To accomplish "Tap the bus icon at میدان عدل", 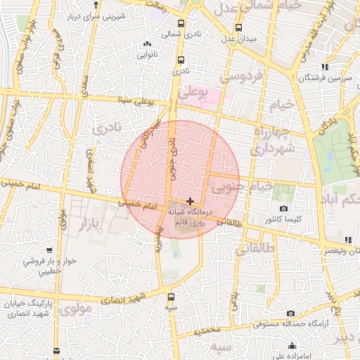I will [x=238, y=27].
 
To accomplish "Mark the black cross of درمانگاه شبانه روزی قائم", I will [x=190, y=201].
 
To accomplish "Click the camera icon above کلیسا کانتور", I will [x=283, y=208].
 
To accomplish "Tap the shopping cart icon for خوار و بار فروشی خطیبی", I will [x=49, y=250].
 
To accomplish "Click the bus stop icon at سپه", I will [x=171, y=295].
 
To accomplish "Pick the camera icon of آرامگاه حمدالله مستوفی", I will [x=290, y=313].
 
